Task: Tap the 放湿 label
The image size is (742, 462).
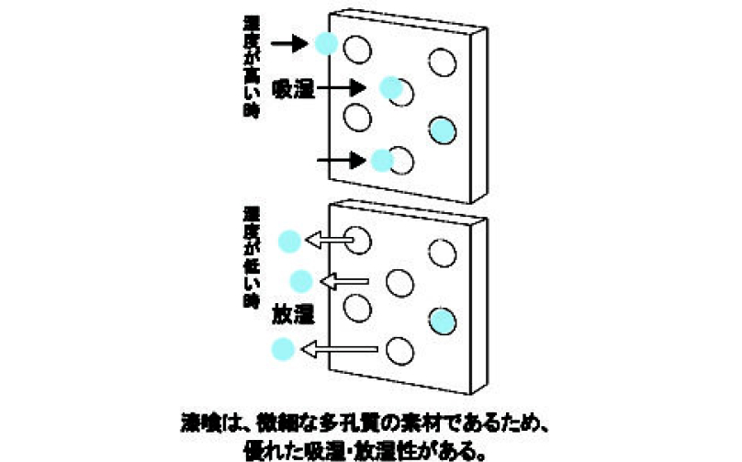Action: (294, 314)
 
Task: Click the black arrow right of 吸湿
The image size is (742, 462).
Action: (347, 88)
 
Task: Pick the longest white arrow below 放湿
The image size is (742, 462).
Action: (342, 349)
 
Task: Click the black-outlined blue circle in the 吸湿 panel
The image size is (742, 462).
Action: (443, 130)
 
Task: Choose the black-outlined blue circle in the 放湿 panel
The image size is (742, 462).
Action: (443, 321)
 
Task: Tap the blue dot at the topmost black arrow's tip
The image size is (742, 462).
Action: (325, 42)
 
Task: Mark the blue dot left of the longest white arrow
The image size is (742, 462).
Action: (284, 349)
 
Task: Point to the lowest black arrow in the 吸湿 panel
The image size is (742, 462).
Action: (341, 161)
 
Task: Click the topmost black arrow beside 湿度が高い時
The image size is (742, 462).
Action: (293, 42)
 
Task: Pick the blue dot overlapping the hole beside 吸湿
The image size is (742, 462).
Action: (390, 87)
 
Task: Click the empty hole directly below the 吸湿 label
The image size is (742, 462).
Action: (356, 118)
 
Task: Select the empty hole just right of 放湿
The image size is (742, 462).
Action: (355, 306)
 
